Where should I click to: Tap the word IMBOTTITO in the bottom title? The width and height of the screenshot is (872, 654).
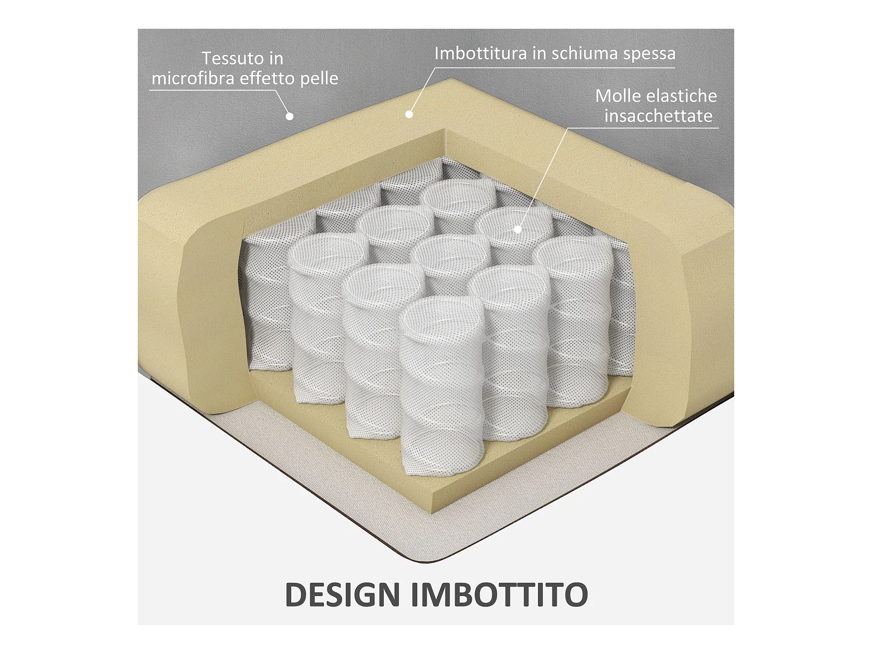tap(500, 595)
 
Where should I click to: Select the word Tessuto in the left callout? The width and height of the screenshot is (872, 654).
tap(227, 58)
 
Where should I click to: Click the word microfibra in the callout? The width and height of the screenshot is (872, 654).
tap(193, 78)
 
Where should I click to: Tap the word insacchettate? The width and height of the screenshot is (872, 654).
tap(658, 116)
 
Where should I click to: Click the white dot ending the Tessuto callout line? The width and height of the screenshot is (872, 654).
tap(290, 116)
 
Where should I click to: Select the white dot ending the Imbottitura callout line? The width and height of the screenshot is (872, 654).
tap(409, 114)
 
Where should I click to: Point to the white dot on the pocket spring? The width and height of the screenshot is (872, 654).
tap(518, 229)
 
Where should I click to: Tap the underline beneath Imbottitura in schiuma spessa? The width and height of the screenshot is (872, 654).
tap(554, 68)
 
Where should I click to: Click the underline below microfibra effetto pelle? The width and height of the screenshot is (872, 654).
tap(214, 90)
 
